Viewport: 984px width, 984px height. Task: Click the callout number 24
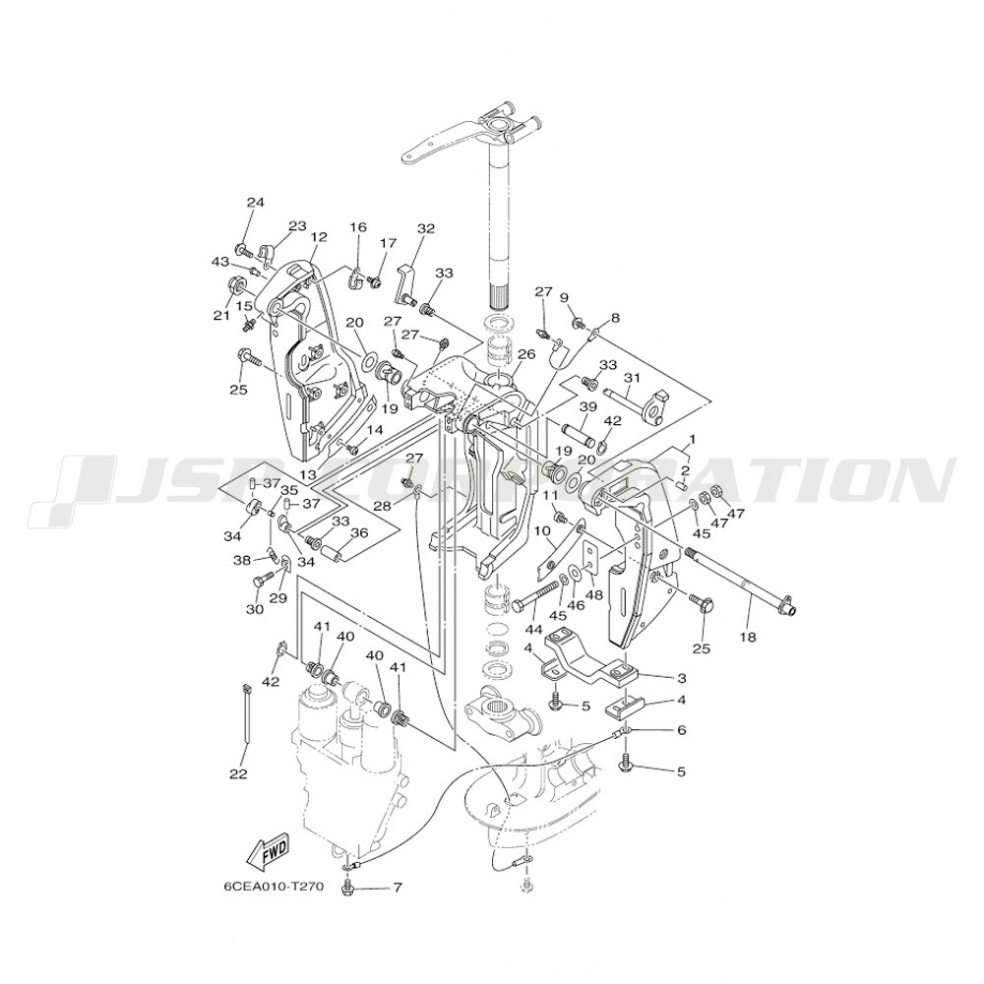pyautogui.click(x=256, y=203)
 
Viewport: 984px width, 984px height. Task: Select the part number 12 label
pyautogui.click(x=318, y=237)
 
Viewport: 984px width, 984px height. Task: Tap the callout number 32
pyautogui.click(x=425, y=228)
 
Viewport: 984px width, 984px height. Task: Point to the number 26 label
pyautogui.click(x=526, y=354)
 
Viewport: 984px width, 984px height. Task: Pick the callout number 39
pyautogui.click(x=588, y=407)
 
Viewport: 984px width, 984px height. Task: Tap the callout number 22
pyautogui.click(x=238, y=774)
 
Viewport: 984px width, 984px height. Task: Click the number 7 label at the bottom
pyautogui.click(x=398, y=888)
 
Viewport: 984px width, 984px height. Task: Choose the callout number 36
pyautogui.click(x=359, y=533)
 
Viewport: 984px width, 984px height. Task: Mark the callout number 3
pyautogui.click(x=680, y=678)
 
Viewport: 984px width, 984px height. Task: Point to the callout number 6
pyautogui.click(x=680, y=730)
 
